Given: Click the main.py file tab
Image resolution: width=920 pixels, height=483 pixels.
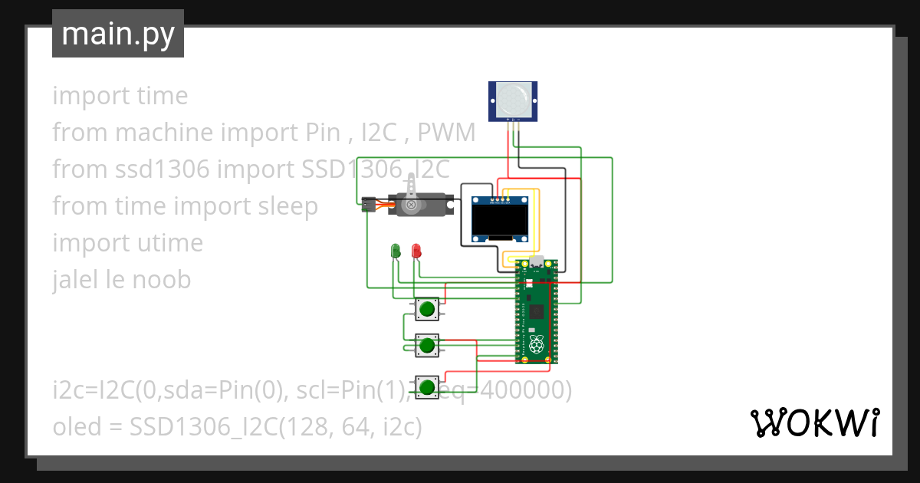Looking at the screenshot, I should point(117,34).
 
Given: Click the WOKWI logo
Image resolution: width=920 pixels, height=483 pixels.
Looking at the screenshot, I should point(813,422).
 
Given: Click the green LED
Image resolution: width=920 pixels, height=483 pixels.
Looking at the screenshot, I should point(396,250).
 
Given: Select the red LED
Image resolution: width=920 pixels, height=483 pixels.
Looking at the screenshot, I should point(416,250).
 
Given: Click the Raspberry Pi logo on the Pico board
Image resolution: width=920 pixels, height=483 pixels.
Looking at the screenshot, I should point(537,344).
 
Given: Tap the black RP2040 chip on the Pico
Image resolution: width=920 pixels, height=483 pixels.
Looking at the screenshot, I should point(537,311).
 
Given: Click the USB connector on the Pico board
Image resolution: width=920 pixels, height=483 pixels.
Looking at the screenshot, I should point(537,263).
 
